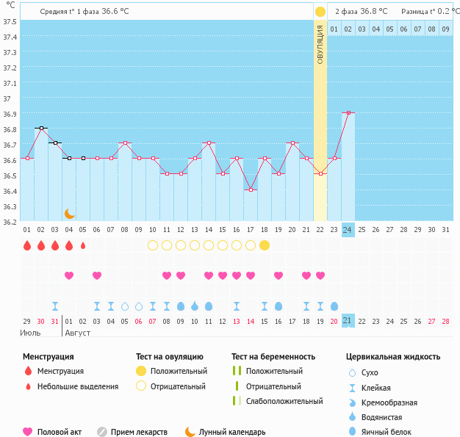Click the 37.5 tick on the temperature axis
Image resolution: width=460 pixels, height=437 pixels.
10,21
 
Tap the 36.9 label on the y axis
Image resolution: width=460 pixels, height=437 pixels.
10,114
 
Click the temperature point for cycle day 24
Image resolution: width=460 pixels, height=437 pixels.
348,112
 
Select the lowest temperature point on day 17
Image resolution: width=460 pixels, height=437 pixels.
251,189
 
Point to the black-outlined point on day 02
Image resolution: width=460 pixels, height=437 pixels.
41,128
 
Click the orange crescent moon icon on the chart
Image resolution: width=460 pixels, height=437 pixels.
69,213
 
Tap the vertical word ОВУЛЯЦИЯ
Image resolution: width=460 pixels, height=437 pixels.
320,44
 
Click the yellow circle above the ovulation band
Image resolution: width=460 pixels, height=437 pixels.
320,12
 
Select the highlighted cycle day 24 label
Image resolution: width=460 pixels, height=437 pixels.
348,230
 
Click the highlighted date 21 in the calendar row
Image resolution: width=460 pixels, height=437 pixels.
348,321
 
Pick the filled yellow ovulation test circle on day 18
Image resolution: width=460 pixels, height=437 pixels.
265,245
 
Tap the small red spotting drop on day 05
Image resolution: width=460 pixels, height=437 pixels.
83,245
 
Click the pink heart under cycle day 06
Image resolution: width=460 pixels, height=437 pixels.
97,275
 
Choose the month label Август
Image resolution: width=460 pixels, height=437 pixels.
79,333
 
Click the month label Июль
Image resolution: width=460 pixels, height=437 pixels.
31,333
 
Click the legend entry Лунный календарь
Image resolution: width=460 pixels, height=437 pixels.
234,432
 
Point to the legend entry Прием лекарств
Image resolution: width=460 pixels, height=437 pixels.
139,432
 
